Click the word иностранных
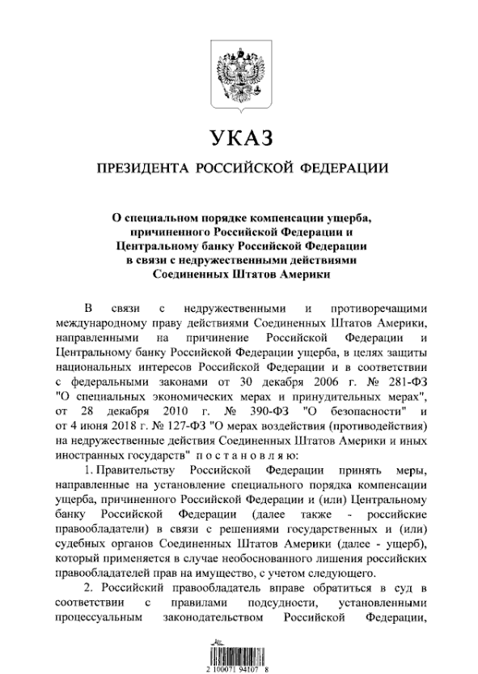87,455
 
